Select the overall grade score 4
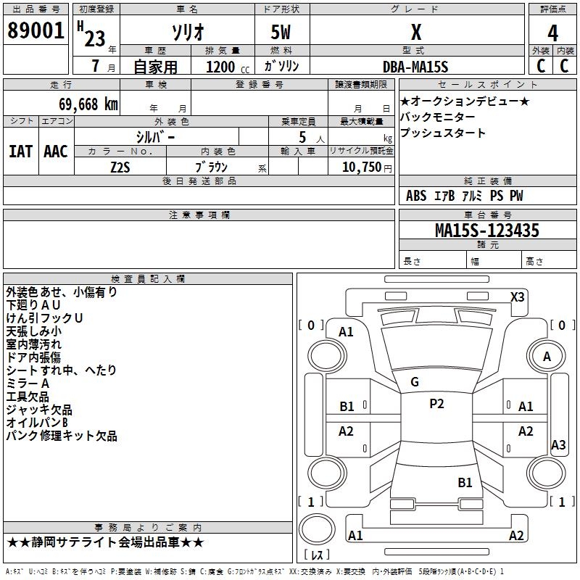click(552, 33)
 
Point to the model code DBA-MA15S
click(415, 67)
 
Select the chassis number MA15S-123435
click(486, 231)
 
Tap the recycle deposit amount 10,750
click(361, 167)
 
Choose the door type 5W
click(282, 33)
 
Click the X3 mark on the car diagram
click(518, 297)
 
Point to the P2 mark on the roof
click(436, 404)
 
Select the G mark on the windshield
click(415, 381)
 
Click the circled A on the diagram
click(547, 356)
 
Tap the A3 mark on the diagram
click(558, 445)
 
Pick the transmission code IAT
click(20, 152)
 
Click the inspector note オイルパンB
click(37, 423)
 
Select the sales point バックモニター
click(438, 117)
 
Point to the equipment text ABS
click(416, 196)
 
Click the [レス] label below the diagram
click(317, 555)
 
